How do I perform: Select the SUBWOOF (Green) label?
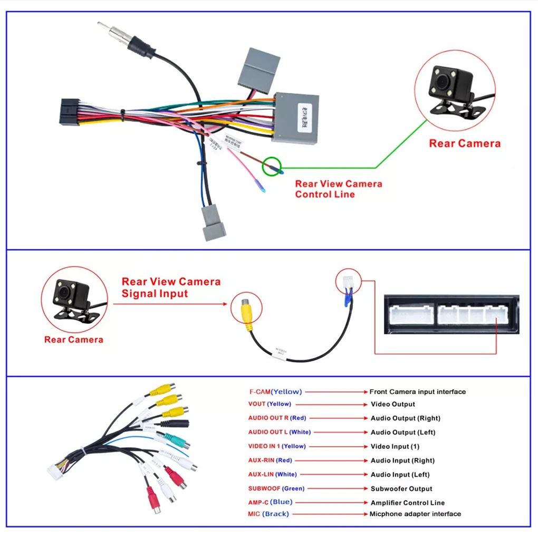click(276, 488)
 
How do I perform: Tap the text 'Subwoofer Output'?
click(401, 488)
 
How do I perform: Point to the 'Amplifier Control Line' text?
click(407, 503)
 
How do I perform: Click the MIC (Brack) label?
click(268, 514)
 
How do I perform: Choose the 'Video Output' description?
click(392, 404)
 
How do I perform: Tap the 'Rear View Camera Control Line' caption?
click(338, 189)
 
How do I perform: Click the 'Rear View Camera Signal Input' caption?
click(170, 287)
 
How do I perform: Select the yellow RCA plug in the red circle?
click(246, 312)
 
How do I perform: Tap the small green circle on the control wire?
click(273, 166)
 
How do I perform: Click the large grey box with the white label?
click(295, 118)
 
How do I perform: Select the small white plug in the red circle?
click(347, 283)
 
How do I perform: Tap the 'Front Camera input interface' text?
click(417, 391)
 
